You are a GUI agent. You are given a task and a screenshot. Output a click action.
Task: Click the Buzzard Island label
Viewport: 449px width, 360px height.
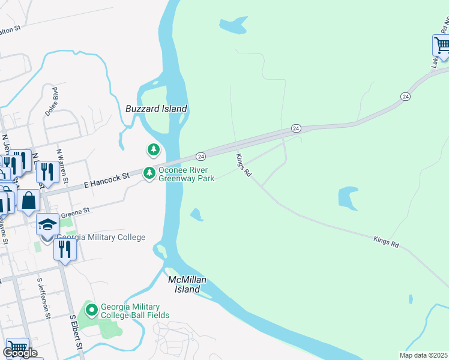pyautogui.click(x=156, y=109)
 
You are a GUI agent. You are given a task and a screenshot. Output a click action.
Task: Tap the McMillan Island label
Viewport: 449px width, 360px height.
pyautogui.click(x=184, y=284)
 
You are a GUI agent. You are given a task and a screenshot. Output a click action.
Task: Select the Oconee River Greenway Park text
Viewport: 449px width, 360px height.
pyautogui.click(x=187, y=174)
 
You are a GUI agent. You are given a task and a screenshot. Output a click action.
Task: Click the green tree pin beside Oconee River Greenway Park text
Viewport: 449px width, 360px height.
pyautogui.click(x=149, y=173)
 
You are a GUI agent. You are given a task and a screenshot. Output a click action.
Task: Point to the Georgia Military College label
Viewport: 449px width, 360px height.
pyautogui.click(x=101, y=237)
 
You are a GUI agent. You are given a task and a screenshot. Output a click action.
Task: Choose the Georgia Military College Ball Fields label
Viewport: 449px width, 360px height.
pyautogui.click(x=135, y=310)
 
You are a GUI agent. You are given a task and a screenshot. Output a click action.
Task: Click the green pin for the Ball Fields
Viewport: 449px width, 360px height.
pyautogui.click(x=92, y=310)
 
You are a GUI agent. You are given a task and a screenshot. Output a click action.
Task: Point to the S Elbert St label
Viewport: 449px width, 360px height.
pyautogui.click(x=76, y=332)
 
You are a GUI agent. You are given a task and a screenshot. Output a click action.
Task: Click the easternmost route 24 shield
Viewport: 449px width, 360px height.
pyautogui.click(x=406, y=96)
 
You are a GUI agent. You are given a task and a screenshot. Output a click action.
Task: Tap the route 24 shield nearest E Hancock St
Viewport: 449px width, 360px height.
pyautogui.click(x=201, y=156)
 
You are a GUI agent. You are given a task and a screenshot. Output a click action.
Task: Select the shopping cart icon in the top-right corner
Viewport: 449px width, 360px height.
pyautogui.click(x=442, y=45)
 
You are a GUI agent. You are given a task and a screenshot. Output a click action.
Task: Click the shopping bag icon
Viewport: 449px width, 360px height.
pyautogui.click(x=28, y=200)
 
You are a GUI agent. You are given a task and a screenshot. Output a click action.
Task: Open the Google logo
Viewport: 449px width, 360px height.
pyautogui.click(x=20, y=352)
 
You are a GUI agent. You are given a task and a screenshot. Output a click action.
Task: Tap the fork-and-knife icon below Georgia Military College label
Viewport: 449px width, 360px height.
pyautogui.click(x=65, y=249)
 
